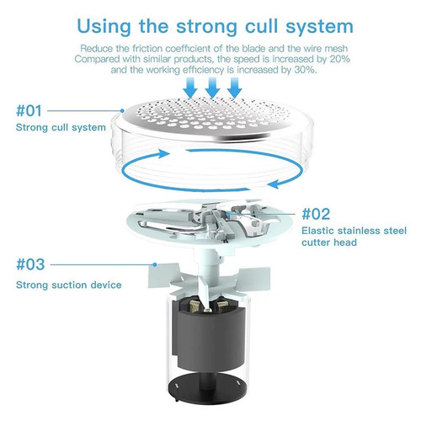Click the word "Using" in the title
tap(104, 26)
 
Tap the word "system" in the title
tap(319, 28)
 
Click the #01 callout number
tap(29, 110)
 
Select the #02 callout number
tap(316, 214)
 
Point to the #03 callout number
tap(30, 264)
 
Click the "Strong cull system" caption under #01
tap(61, 127)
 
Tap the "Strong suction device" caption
tap(69, 285)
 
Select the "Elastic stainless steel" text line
tap(354, 231)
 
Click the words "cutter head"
tap(329, 242)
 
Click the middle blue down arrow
tap(212, 88)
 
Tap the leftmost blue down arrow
tap(190, 88)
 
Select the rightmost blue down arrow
tap(235, 88)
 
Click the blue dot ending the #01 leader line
tap(122, 111)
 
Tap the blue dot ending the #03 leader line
tap(155, 264)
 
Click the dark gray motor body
tap(209, 337)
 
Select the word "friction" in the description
tap(147, 49)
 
